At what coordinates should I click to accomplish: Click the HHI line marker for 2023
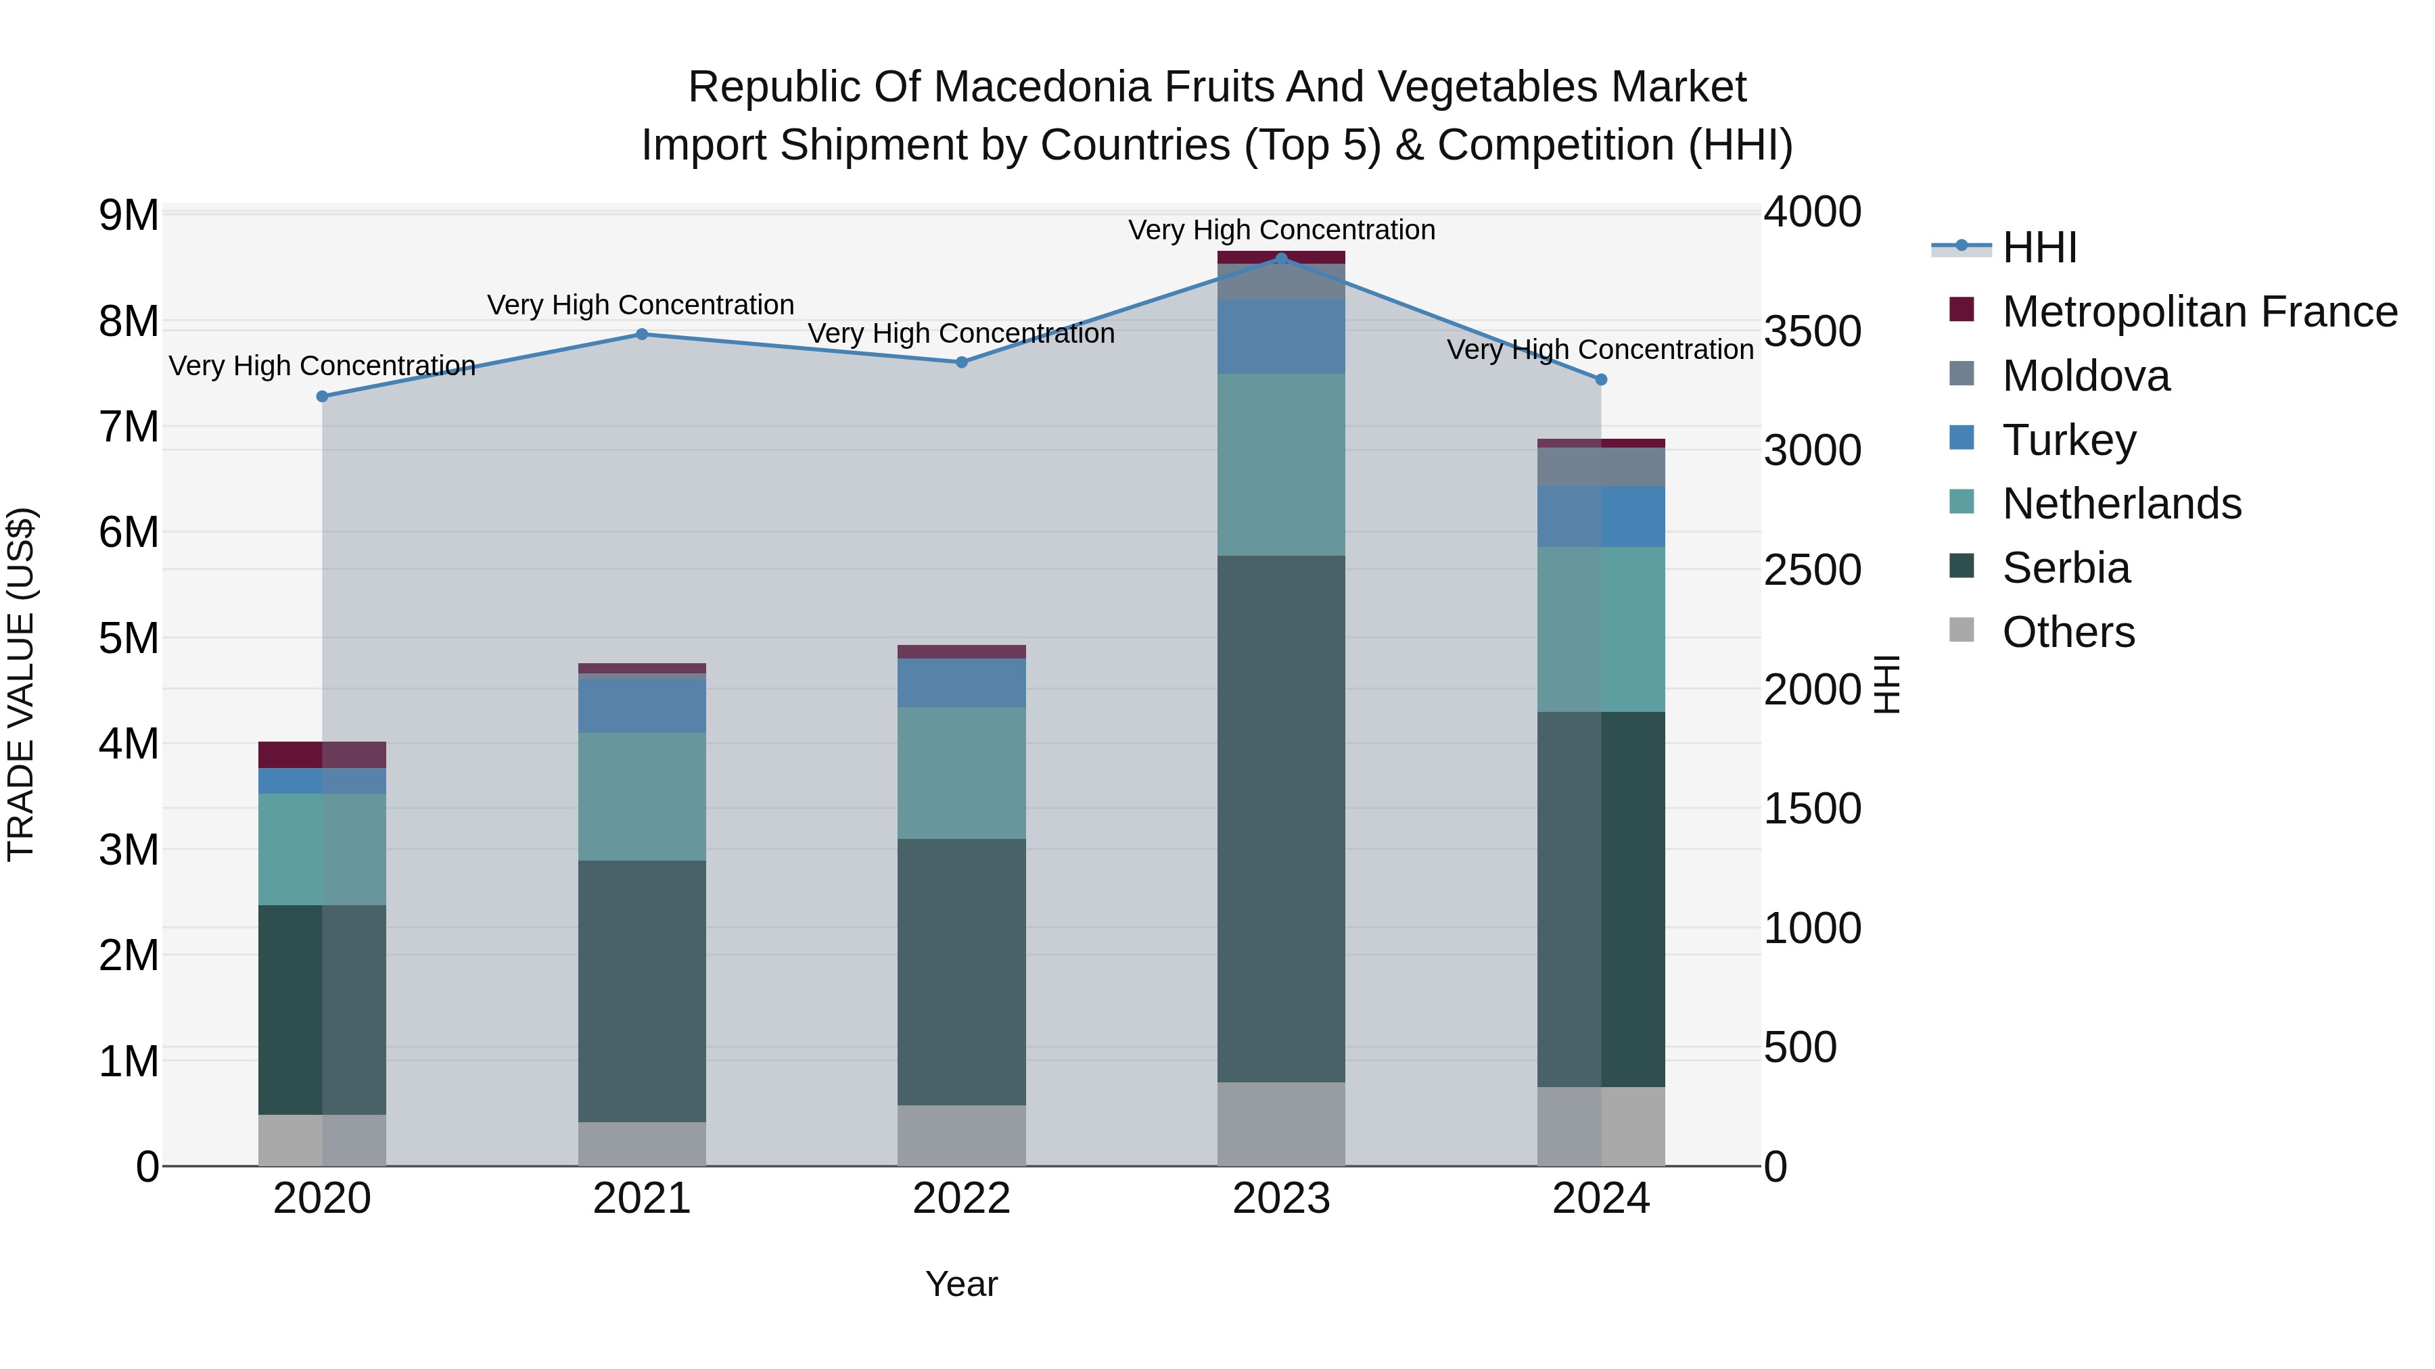click(x=1281, y=258)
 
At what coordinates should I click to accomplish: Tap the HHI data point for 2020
click(x=323, y=397)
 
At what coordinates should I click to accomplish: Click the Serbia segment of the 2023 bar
click(x=1281, y=818)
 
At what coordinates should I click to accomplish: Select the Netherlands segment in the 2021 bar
click(x=642, y=796)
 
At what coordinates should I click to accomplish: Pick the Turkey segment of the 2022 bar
click(x=961, y=683)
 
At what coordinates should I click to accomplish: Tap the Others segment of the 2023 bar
click(x=1281, y=1124)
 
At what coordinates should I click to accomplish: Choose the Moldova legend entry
click(x=2085, y=376)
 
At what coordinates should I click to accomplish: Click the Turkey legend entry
click(x=2068, y=440)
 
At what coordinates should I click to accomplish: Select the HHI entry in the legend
click(x=2039, y=247)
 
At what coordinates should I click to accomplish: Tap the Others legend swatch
click(x=1962, y=630)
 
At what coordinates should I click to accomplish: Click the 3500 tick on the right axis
click(x=1812, y=332)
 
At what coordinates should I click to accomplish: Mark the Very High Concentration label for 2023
click(x=1281, y=231)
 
